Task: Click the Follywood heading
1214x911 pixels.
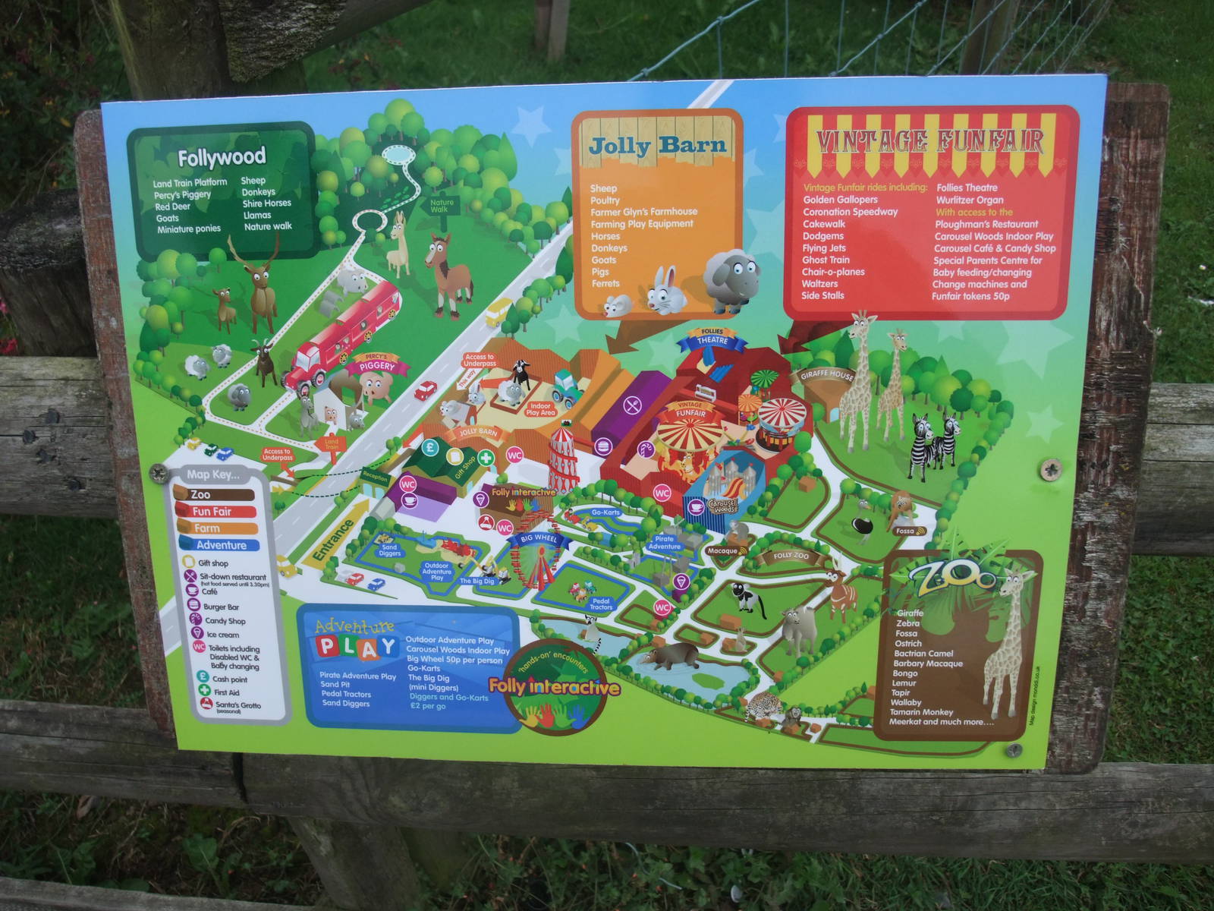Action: coord(222,158)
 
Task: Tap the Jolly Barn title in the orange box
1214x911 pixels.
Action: coord(657,145)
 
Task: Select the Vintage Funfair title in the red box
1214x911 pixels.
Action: coord(929,142)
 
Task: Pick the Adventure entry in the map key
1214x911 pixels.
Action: coord(219,545)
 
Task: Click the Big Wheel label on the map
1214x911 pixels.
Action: coord(539,538)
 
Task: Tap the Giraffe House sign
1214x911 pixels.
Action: coord(826,375)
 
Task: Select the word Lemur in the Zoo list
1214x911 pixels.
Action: coord(904,683)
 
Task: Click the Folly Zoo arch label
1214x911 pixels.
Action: coord(791,556)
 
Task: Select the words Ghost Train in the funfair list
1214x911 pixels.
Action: coord(826,260)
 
